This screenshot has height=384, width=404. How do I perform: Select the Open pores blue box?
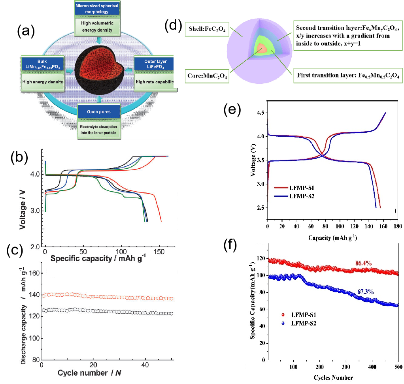(x=98, y=112)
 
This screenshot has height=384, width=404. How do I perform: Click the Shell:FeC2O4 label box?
(x=207, y=28)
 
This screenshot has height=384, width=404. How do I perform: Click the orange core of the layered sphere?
(x=261, y=49)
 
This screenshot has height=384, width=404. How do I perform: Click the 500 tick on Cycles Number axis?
(x=398, y=366)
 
